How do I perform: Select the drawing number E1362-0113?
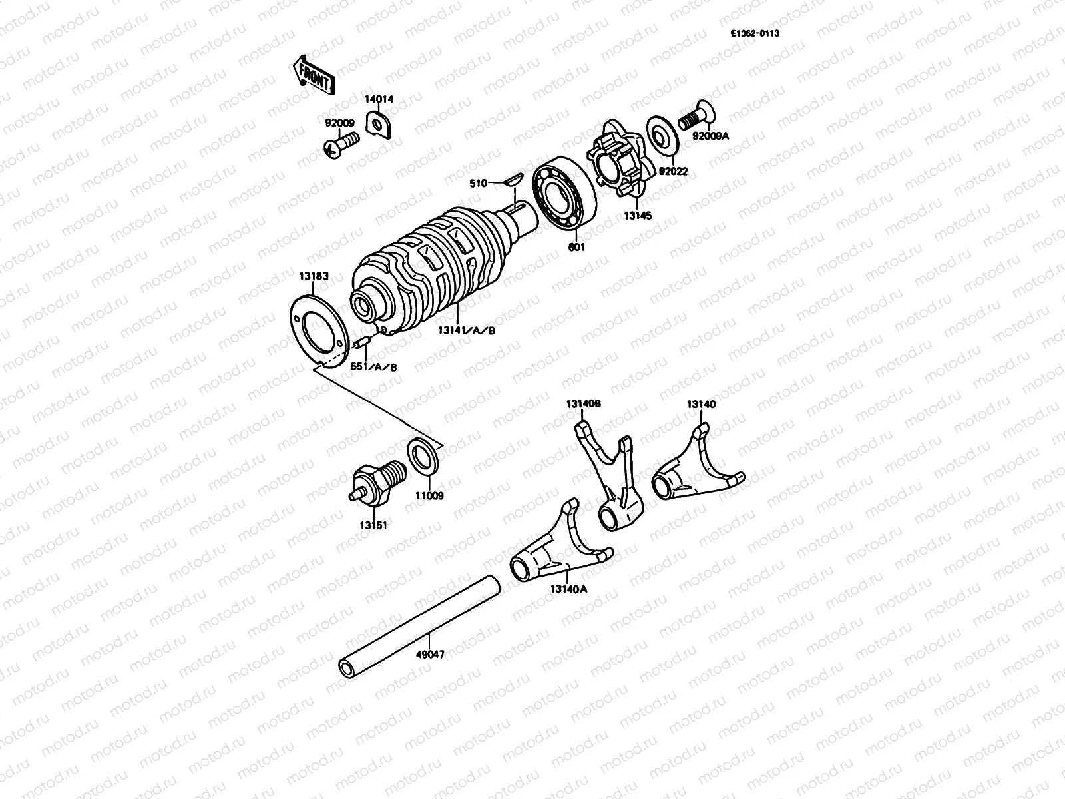[x=753, y=32]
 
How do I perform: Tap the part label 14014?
[x=378, y=99]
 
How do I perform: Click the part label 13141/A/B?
[x=466, y=331]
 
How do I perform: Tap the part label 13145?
[x=637, y=216]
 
